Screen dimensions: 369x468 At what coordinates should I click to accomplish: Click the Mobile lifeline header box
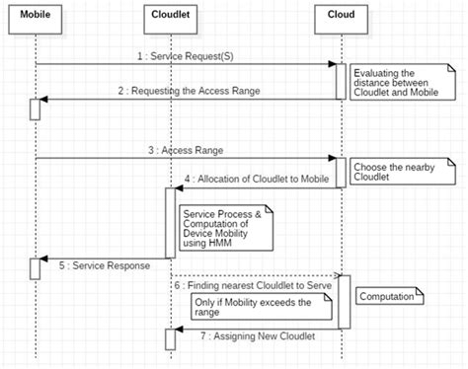click(36, 16)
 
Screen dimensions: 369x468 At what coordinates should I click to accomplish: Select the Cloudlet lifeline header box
click(170, 16)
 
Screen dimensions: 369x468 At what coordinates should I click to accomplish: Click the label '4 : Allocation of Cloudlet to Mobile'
click(255, 178)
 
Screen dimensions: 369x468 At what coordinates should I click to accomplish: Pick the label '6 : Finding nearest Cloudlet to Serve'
click(257, 284)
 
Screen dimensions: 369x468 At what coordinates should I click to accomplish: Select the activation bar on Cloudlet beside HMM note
click(170, 222)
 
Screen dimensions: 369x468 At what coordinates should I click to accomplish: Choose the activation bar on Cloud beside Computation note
click(344, 301)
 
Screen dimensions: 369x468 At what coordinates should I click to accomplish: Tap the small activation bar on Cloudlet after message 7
click(170, 338)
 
